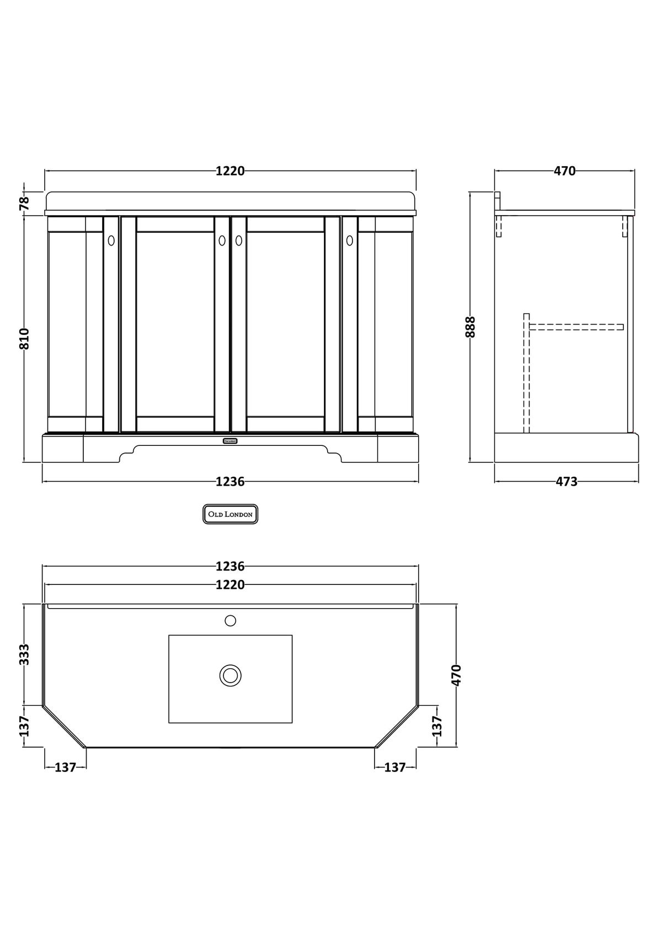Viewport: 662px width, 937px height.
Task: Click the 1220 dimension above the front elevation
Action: click(230, 171)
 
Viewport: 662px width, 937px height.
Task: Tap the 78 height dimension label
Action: click(25, 203)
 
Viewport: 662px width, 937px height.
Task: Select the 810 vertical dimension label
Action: click(25, 339)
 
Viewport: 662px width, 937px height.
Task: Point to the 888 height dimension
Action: click(470, 327)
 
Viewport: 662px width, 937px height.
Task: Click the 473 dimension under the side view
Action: click(566, 482)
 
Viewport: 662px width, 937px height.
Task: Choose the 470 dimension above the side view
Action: click(564, 171)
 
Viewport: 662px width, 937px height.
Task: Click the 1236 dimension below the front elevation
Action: click(230, 482)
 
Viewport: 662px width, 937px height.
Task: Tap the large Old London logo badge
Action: click(231, 514)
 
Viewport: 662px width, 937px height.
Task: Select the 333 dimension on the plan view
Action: click(25, 654)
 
